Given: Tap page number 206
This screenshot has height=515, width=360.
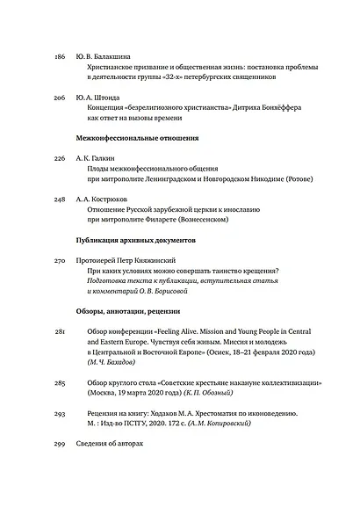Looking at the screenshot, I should (x=60, y=97).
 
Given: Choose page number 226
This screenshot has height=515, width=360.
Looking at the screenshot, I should (x=60, y=159).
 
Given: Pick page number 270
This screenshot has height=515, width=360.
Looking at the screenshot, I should (x=60, y=261).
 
